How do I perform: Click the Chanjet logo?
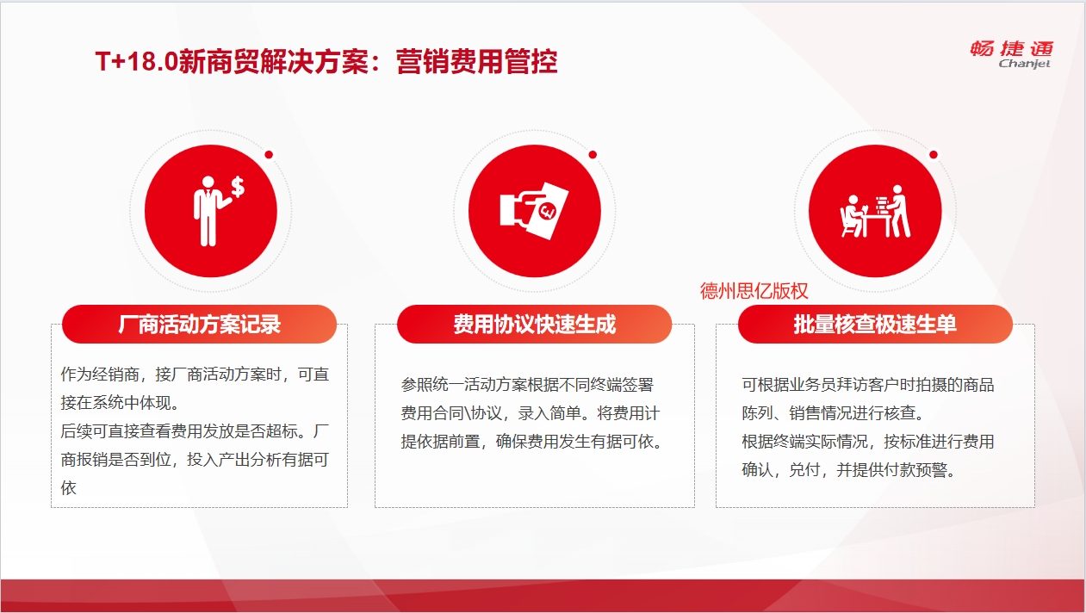(x=1012, y=55)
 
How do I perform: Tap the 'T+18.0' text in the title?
(x=137, y=62)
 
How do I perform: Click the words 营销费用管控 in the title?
(x=476, y=62)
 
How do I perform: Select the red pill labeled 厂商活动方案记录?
(x=199, y=325)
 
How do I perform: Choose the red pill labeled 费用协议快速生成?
(x=534, y=325)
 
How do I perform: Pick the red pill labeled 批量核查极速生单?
(x=875, y=325)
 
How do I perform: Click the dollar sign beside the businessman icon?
(x=238, y=187)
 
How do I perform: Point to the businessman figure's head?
(x=208, y=183)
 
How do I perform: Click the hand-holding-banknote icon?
(x=534, y=211)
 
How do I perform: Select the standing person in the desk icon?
(x=899, y=211)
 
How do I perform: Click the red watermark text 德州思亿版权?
(x=754, y=291)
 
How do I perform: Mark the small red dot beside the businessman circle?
(x=269, y=155)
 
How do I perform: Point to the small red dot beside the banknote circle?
(x=593, y=155)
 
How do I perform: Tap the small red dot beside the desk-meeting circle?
(x=934, y=155)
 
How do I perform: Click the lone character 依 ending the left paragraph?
(x=68, y=487)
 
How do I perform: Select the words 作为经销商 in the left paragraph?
(x=100, y=375)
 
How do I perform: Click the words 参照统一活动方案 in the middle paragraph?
(x=463, y=385)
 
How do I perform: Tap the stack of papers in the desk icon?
(x=881, y=204)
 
